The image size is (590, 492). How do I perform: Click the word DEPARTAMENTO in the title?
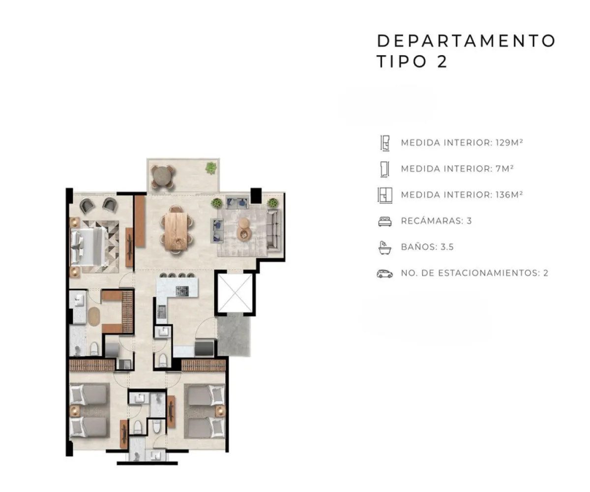(466, 41)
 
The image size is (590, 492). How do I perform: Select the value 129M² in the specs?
(509, 142)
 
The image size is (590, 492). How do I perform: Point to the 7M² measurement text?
(504, 169)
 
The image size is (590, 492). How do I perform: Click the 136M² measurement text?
(509, 194)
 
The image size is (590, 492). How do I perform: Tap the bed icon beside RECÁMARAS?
(385, 221)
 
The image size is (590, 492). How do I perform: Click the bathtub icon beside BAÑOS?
(385, 247)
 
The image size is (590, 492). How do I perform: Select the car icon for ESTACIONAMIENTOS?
(384, 274)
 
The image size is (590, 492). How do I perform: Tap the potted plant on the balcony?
(211, 168)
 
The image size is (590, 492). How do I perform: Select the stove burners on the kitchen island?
(182, 290)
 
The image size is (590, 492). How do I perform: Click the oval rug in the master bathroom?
(93, 317)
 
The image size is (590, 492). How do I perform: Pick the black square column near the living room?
(256, 195)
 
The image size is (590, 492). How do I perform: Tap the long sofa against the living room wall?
(273, 230)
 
